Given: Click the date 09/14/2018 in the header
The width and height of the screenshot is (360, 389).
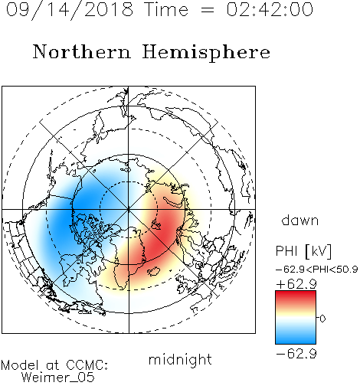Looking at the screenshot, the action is pos(70,10).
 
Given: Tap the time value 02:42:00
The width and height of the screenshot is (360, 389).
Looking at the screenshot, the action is pos(270,9).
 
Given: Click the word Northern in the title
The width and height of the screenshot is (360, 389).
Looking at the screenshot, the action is pos(82,52).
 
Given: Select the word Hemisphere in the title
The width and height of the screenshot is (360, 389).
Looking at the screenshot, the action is pos(206,52).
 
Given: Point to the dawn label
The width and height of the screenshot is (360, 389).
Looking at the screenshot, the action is pos(300,220).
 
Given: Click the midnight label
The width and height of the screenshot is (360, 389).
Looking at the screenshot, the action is pos(180,360).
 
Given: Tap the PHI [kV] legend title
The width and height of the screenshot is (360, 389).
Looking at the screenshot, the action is pos(303,251).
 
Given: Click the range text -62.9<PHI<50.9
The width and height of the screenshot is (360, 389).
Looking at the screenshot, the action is pos(317,270).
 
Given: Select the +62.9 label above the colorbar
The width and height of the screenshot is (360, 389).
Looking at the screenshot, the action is pos(296,284).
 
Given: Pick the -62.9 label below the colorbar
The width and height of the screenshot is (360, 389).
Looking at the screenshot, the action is pos(296,354).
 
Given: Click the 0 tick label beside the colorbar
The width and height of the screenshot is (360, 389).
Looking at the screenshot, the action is pos(322,319).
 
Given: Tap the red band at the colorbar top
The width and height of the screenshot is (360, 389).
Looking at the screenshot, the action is pos(296,296).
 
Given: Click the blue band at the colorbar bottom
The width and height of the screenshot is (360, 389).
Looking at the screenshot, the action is pos(296,338).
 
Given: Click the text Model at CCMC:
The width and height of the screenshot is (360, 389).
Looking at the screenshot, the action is pos(54,365).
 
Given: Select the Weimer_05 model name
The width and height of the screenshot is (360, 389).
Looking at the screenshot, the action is pos(58,377).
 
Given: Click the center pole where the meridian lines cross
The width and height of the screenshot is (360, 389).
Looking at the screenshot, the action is pos(129,209).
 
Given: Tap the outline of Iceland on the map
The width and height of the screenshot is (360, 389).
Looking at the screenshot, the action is pos(154,271).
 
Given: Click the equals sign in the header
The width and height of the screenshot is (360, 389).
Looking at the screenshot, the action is pos(208,10).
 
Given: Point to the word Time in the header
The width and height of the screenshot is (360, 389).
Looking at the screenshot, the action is pos(166,9).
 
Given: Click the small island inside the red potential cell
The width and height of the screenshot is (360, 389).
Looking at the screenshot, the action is pos(156,224).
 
